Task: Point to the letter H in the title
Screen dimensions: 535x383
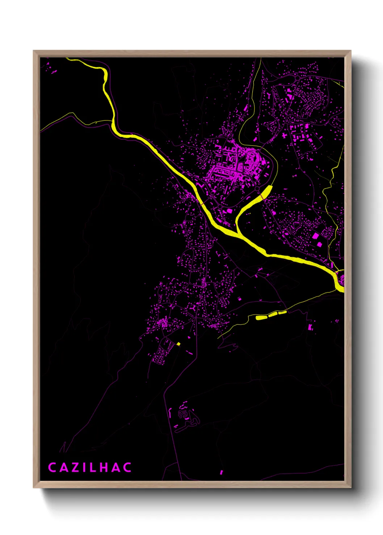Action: coord(104,467)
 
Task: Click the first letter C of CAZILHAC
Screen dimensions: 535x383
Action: coord(52,467)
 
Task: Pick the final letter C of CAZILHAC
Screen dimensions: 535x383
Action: coord(127,467)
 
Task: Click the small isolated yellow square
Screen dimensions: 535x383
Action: coord(178,344)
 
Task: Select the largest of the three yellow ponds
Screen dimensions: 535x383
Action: coord(261,318)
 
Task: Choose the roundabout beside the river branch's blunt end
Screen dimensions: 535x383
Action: coord(257,189)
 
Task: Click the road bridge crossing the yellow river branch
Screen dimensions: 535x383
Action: coord(250,204)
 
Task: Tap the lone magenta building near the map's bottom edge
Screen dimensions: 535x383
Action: coord(221,472)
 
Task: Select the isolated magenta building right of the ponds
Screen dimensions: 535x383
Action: coord(310,327)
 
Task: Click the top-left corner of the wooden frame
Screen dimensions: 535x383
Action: coord(34,51)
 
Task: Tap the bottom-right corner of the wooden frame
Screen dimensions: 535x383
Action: coord(350,487)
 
